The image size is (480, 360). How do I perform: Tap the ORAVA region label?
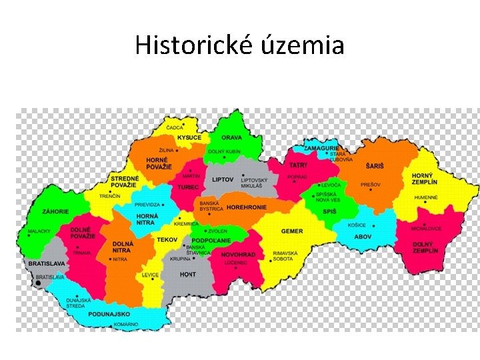pyautogui.click(x=231, y=137)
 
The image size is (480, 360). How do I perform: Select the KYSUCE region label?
pyautogui.click(x=189, y=137)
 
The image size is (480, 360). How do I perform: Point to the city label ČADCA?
pyautogui.click(x=175, y=127)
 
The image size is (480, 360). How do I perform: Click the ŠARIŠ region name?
pyautogui.click(x=374, y=165)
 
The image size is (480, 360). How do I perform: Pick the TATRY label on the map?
pyautogui.click(x=298, y=165)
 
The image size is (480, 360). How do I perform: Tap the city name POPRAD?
pyautogui.click(x=297, y=177)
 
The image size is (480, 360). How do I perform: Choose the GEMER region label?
pyautogui.click(x=292, y=231)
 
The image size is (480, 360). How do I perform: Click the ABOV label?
pyautogui.click(x=363, y=236)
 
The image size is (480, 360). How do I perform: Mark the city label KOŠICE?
pyautogui.click(x=357, y=225)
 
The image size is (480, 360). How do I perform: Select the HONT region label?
pyautogui.click(x=188, y=273)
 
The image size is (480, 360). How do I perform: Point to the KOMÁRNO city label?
pyautogui.click(x=125, y=324)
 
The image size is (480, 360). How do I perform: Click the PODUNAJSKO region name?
pyautogui.click(x=109, y=314)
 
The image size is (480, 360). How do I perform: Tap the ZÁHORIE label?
pyautogui.click(x=55, y=211)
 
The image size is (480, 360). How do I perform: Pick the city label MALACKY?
pyautogui.click(x=39, y=233)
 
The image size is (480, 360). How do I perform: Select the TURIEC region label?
pyautogui.click(x=188, y=187)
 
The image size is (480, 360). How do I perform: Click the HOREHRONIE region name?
pyautogui.click(x=247, y=207)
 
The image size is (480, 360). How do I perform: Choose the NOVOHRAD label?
pyautogui.click(x=238, y=255)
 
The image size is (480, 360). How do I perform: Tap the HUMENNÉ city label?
pyautogui.click(x=426, y=197)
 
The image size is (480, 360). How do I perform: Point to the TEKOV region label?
pyautogui.click(x=167, y=239)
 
